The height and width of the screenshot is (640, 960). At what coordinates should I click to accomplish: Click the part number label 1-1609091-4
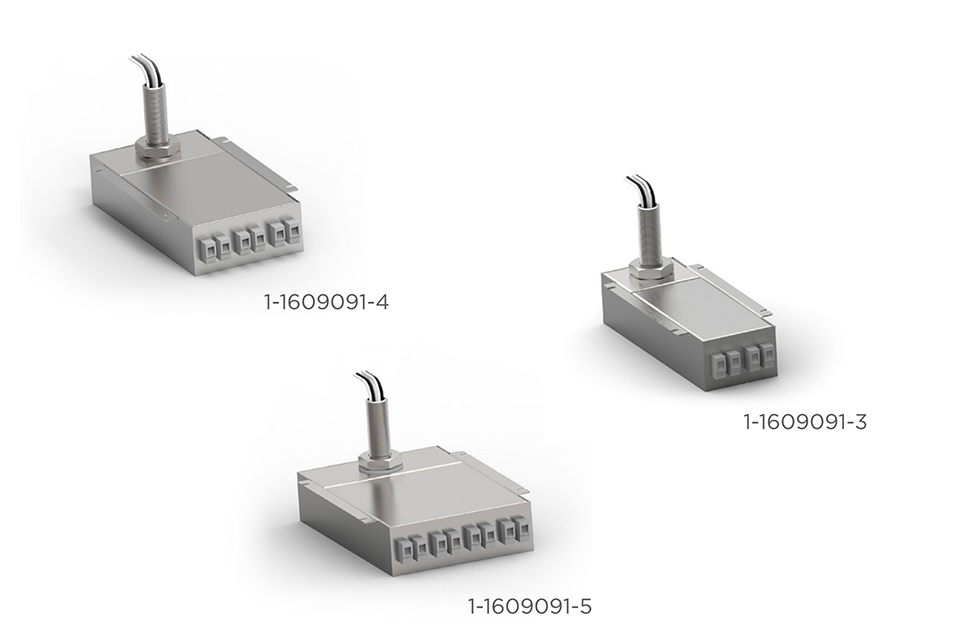coord(326,301)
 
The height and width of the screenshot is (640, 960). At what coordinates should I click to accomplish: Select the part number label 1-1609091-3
coord(805,422)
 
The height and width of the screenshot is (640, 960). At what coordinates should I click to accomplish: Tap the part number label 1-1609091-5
coord(531,606)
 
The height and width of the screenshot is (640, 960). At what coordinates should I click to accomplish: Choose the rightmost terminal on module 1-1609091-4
coord(291,230)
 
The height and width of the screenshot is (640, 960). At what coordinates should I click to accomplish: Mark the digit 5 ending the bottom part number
coord(587,606)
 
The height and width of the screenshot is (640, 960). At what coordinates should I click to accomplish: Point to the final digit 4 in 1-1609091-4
coord(382,301)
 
